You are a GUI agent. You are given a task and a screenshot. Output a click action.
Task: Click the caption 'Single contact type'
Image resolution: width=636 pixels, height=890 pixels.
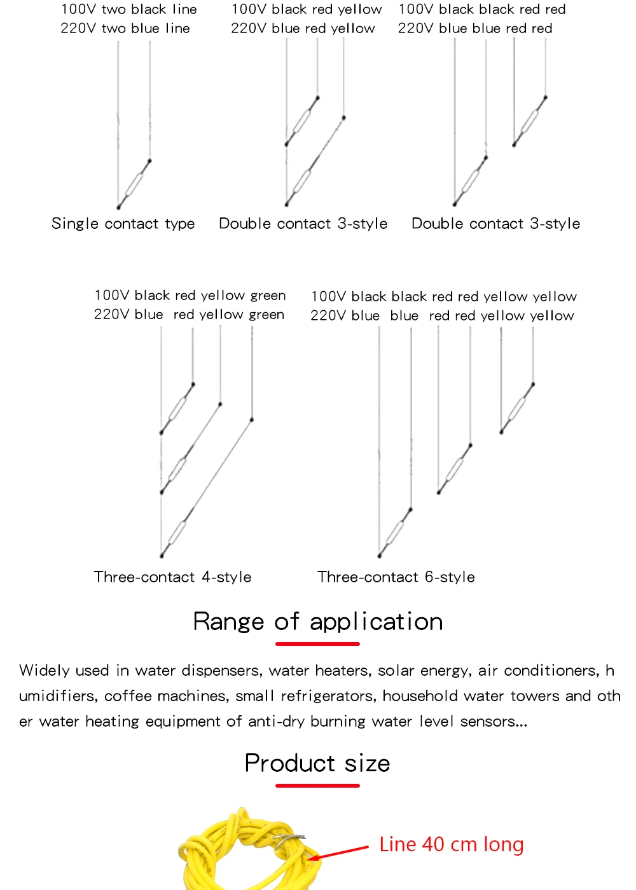pos(123,224)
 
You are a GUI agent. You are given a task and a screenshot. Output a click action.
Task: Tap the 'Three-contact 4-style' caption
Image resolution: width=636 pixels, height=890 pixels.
pos(172,577)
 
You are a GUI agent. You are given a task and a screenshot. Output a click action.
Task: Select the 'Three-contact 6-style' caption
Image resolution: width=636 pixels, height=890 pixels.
pos(396,577)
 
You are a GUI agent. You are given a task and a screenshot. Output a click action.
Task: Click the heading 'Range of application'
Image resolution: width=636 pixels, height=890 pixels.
pos(318,622)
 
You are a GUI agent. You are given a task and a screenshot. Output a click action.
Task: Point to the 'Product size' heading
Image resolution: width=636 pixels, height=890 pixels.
pos(317,763)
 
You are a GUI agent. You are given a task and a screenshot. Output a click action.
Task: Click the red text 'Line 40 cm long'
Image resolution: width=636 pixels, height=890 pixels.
pos(451,845)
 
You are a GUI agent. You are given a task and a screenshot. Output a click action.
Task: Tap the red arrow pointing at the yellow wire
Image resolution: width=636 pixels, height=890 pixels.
pos(340,852)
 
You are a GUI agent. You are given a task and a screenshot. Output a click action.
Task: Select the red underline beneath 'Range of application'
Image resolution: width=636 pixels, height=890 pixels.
pos(317,644)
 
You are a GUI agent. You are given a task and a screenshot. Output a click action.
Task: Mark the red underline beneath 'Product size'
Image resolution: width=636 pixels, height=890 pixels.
pos(317,786)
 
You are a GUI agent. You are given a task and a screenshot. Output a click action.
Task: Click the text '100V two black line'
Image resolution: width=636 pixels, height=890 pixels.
pos(129,10)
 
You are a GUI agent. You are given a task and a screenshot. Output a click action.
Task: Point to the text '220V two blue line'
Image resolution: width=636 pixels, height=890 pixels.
pos(125,29)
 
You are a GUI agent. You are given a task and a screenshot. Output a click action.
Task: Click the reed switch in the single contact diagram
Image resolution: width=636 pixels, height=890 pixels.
pos(134,184)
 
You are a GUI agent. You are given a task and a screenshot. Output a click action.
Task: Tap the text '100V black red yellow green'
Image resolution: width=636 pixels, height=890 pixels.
pos(190,296)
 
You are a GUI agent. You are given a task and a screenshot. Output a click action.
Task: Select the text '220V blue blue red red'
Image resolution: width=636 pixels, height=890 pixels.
pos(475,29)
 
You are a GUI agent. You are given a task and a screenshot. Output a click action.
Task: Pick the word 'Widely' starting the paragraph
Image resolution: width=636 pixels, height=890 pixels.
pos(45,671)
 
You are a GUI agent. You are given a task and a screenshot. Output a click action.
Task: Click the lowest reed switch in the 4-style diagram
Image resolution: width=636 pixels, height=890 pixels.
pos(175,534)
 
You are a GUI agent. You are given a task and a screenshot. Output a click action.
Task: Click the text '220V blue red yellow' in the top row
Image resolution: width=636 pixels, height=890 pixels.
pos(303,29)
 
